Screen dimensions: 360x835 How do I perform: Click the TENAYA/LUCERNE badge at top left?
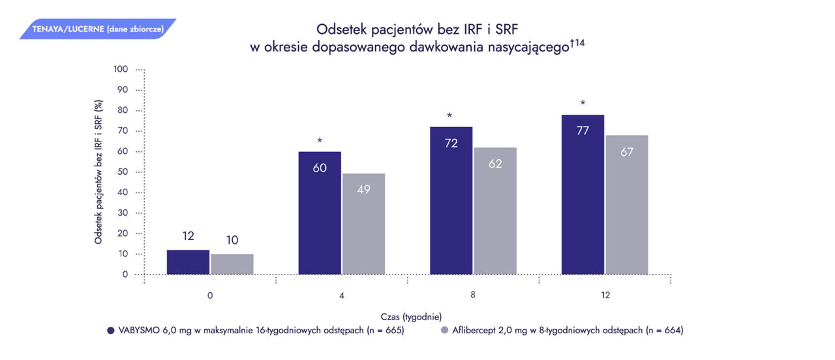(x=98, y=29)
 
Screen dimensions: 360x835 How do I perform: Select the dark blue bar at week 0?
(x=188, y=262)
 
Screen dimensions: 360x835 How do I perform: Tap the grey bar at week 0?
(x=232, y=264)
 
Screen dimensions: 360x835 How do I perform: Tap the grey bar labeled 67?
(x=627, y=205)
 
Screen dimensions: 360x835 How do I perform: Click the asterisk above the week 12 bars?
(x=583, y=104)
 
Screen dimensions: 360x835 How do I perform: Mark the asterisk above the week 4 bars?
(x=320, y=141)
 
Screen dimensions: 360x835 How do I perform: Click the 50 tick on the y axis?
(x=123, y=172)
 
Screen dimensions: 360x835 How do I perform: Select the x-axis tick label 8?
(x=473, y=295)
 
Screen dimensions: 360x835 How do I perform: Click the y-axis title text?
(x=99, y=172)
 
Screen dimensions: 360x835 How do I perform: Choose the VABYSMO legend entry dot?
(x=110, y=331)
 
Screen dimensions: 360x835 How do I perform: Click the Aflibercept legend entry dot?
(x=445, y=331)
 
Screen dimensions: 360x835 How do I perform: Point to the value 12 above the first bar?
(x=188, y=236)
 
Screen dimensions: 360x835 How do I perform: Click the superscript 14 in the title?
(x=578, y=43)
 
